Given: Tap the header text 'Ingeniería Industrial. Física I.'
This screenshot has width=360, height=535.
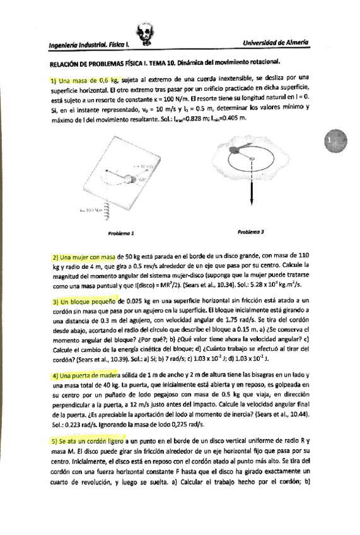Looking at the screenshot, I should pyautogui.click(x=88, y=45).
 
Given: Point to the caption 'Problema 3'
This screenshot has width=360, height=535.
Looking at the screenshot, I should pyautogui.click(x=250, y=232).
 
